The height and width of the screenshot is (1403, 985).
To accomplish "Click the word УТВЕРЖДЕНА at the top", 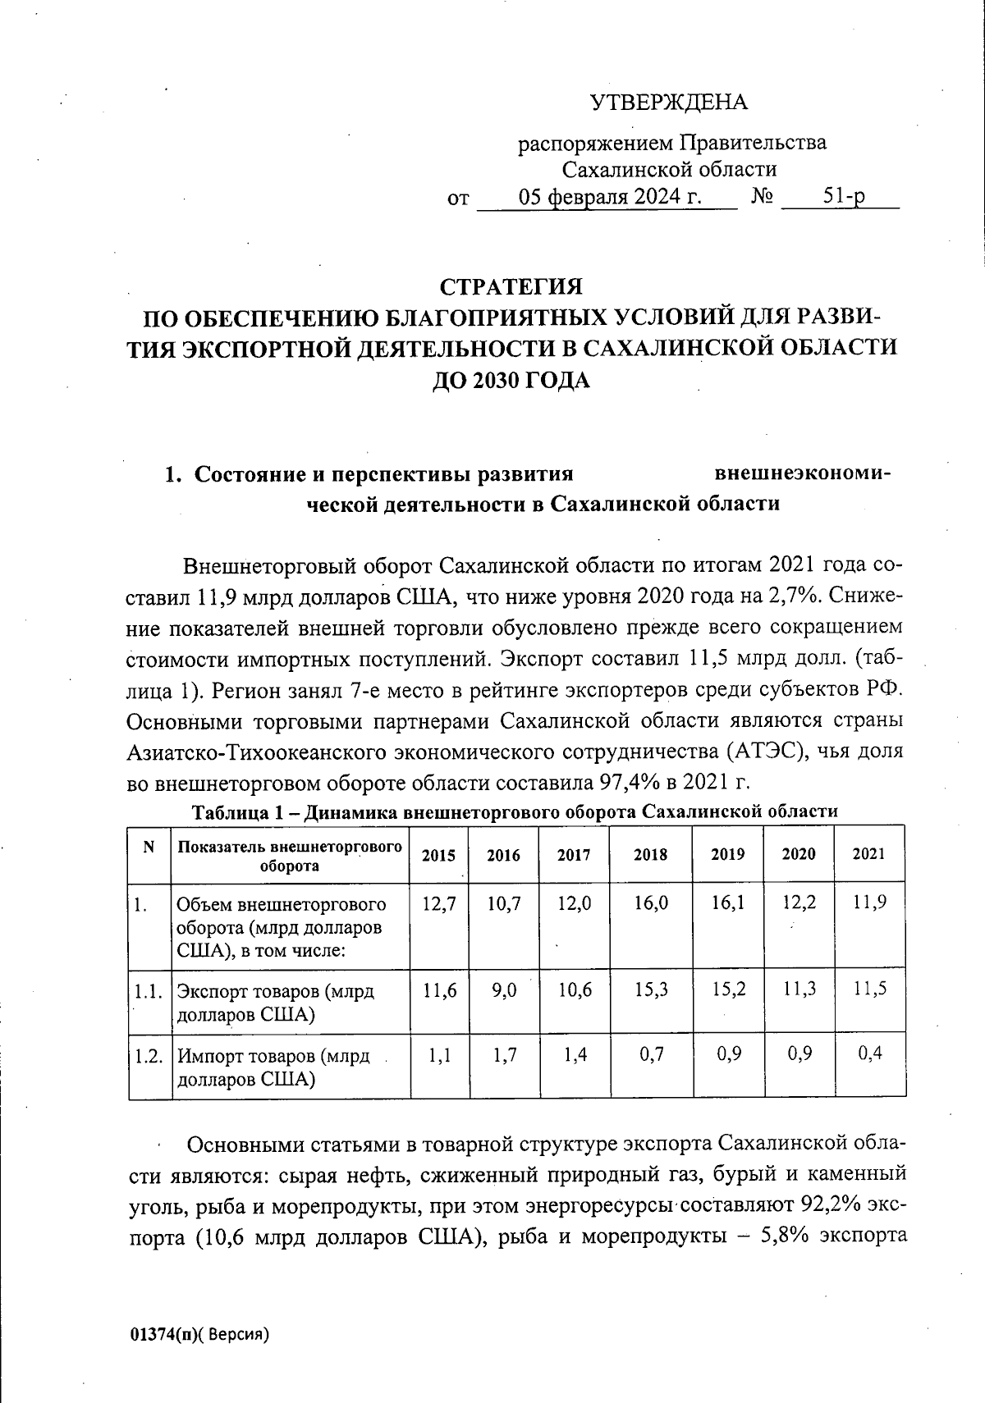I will [668, 103].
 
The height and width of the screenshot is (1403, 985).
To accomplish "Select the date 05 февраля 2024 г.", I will [611, 198].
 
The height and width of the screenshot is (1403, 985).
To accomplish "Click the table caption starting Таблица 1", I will [515, 812].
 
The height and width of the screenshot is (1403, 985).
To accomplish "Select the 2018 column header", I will [650, 855].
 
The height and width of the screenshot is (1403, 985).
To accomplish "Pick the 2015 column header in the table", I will [438, 855].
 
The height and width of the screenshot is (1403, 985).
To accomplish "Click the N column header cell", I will [149, 848].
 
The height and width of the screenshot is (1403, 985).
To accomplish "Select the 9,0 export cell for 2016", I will [504, 990].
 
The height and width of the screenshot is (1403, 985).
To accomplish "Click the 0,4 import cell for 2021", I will [869, 1053].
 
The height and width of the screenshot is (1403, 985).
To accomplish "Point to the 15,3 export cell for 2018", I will [651, 990].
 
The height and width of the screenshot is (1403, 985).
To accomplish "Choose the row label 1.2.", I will [148, 1056].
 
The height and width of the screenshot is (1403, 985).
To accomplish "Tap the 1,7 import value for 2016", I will [505, 1054].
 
